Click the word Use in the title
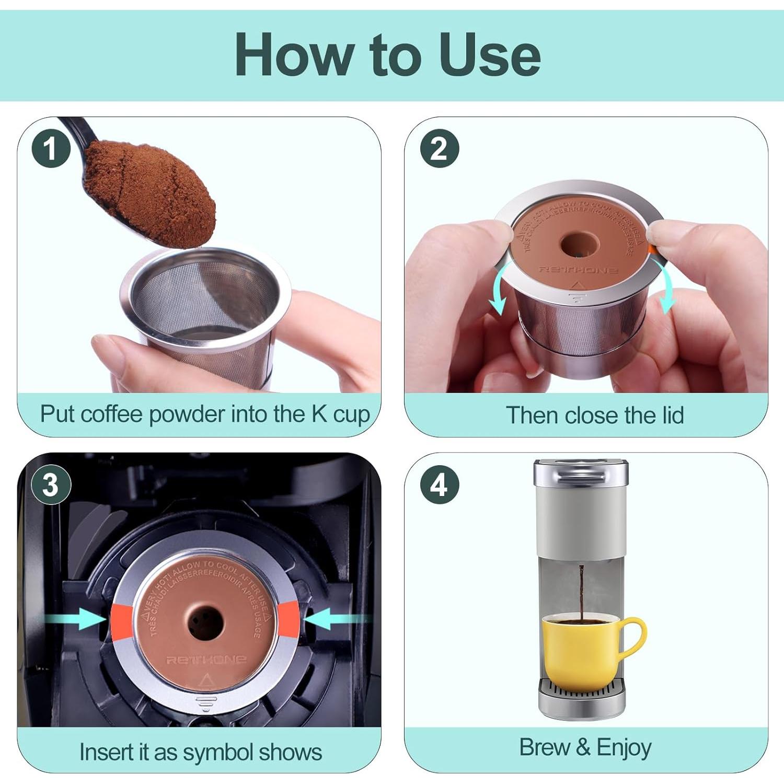click(x=489, y=55)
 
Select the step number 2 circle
click(x=439, y=148)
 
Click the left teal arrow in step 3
click(x=78, y=619)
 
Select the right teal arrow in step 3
click(x=335, y=619)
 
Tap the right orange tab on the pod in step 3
click(x=289, y=619)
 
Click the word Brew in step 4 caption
click(x=544, y=747)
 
